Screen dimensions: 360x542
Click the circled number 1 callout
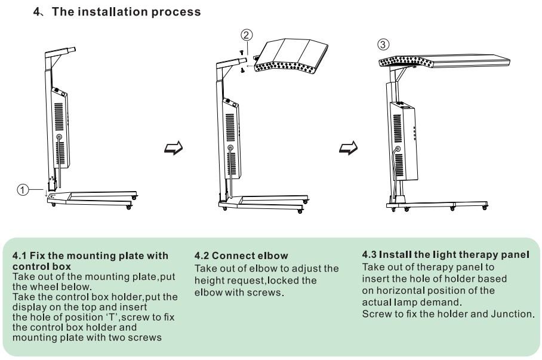pos(22,190)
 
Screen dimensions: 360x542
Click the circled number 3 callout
pos(384,44)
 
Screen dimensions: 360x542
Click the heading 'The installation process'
pos(126,12)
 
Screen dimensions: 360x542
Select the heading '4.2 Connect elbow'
pos(241,256)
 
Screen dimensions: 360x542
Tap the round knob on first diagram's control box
pos(59,137)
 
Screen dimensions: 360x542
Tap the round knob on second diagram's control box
pos(230,147)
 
